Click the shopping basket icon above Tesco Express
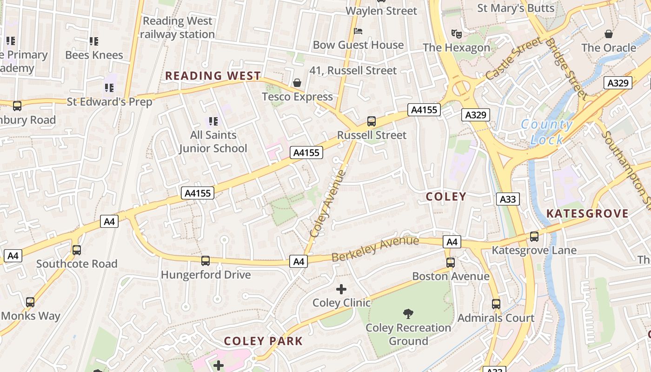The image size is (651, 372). click(x=297, y=83)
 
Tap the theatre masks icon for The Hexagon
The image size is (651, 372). click(x=457, y=33)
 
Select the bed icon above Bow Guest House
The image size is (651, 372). click(x=358, y=31)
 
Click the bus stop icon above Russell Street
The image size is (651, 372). click(x=372, y=121)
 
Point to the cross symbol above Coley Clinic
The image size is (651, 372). click(x=341, y=289)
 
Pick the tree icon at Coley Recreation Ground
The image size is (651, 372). click(x=408, y=314)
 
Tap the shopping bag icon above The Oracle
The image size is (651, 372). click(x=608, y=34)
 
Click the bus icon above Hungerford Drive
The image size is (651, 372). click(x=206, y=261)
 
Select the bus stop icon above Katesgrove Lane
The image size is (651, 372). click(x=534, y=237)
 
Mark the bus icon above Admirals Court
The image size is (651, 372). click(x=496, y=304)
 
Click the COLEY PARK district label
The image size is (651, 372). click(x=263, y=341)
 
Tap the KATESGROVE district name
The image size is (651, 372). click(x=587, y=213)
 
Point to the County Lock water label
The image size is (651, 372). click(x=547, y=132)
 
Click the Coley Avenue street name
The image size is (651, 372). click(x=328, y=203)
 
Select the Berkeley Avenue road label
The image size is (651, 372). click(x=375, y=249)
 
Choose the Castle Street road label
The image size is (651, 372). click(x=513, y=59)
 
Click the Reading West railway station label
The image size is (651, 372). click(x=177, y=27)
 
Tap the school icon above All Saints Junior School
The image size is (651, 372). click(x=213, y=121)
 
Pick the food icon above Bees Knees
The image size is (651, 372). click(x=94, y=41)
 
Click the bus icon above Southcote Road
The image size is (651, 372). click(x=77, y=250)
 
